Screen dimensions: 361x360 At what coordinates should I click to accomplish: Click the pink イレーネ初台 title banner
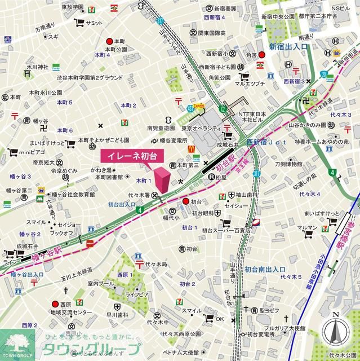point(128,155)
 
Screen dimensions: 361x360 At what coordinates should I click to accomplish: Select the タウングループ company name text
point(91,347)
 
